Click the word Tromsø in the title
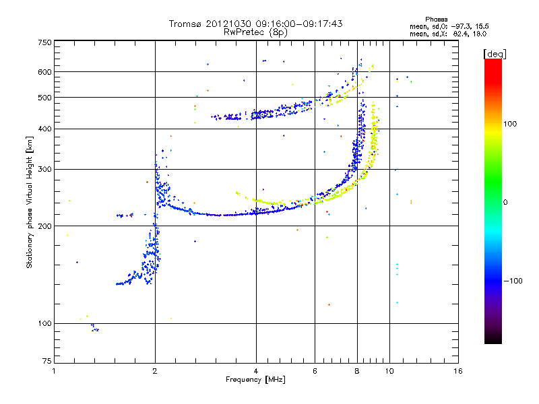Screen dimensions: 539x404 185,24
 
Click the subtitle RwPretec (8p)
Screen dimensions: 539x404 255,32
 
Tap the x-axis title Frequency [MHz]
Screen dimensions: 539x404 255,380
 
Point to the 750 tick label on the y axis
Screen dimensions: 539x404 44,42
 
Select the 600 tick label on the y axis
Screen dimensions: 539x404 44,72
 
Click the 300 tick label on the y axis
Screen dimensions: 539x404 44,170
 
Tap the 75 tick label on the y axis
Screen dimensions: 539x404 47,361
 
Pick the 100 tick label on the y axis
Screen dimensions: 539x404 44,324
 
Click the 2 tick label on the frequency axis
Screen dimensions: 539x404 155,371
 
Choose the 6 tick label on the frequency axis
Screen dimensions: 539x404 315,371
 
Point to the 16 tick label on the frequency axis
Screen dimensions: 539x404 458,371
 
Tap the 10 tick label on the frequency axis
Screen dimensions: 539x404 389,371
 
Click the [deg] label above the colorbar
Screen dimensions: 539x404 495,55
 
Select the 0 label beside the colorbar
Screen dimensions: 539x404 505,203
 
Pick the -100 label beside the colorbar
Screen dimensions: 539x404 513,281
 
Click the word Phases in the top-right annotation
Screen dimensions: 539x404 436,20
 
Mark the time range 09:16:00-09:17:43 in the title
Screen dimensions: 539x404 299,24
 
